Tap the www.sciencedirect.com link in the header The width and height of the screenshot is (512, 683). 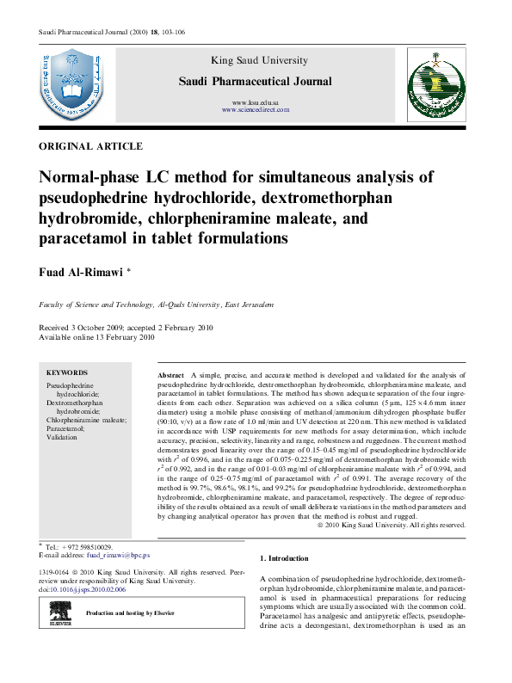[x=256, y=110]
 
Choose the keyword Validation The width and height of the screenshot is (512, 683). [x=62, y=437]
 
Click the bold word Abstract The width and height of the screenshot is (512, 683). [x=171, y=377]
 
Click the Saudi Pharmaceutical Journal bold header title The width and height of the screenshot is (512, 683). [x=255, y=82]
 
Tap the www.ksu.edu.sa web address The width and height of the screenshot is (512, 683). [x=256, y=102]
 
